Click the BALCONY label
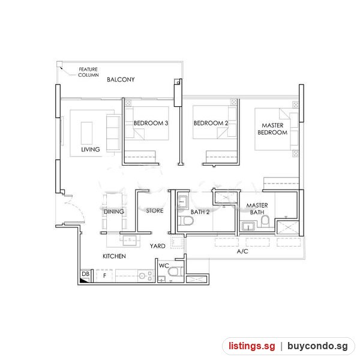tap(121, 79)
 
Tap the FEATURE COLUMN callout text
tap(88, 72)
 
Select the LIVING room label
tap(91, 149)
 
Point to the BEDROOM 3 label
tap(151, 123)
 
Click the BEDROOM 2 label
tap(211, 123)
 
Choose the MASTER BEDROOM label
tap(272, 129)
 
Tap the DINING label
tap(114, 211)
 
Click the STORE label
tap(155, 211)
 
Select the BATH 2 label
tap(200, 212)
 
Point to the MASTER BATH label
tap(257, 209)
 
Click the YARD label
tap(157, 246)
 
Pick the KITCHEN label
tap(114, 256)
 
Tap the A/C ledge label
tap(242, 251)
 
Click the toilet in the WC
tap(175, 272)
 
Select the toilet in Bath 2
tap(185, 221)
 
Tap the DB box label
tap(86, 274)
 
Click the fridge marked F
tap(104, 275)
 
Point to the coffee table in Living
tap(86, 133)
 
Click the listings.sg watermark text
tap(251, 346)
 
